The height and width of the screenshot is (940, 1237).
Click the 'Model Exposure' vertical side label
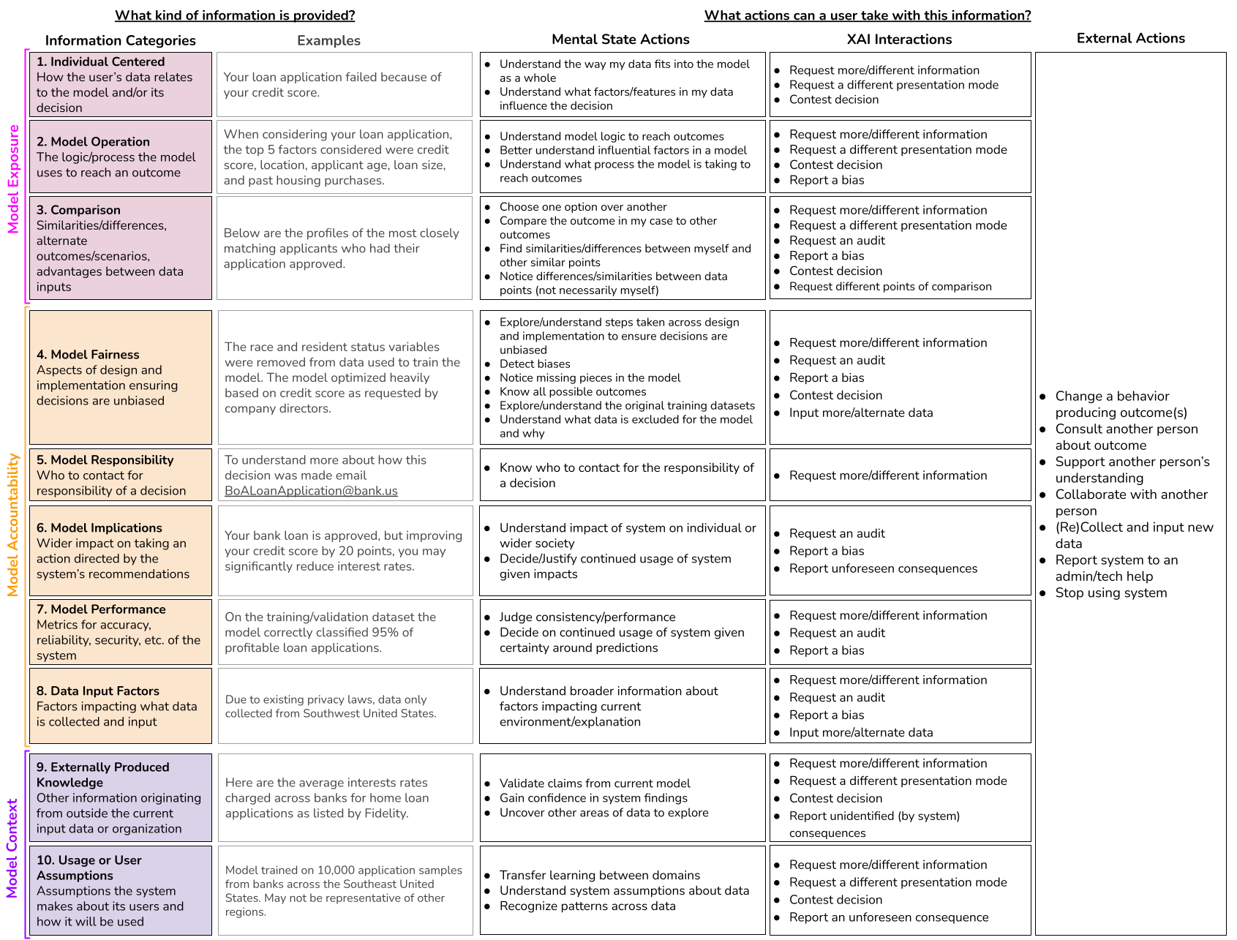click(x=13, y=179)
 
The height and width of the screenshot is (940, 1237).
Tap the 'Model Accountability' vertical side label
click(x=13, y=524)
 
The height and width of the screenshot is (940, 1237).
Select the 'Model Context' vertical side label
click(x=12, y=848)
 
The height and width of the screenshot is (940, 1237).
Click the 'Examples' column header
click(x=328, y=41)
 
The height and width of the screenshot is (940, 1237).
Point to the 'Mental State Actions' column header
click(x=620, y=40)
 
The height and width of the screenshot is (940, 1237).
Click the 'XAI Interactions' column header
click(x=899, y=40)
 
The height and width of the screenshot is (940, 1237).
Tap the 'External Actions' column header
click(x=1130, y=39)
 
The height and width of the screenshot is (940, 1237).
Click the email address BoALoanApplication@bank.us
click(x=311, y=491)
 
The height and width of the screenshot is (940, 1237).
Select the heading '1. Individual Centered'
click(x=100, y=62)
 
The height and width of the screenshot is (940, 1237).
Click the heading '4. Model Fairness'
click(x=88, y=355)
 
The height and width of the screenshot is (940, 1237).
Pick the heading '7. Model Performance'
click(x=101, y=609)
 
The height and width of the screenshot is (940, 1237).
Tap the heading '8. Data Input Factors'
click(x=98, y=691)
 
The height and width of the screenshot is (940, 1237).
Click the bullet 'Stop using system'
click(x=1110, y=593)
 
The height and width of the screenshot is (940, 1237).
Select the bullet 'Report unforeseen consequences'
click(x=883, y=569)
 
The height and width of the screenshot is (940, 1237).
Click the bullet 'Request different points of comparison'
click(x=890, y=287)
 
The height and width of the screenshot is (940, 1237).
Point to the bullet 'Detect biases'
click(x=535, y=364)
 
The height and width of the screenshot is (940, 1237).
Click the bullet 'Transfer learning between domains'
click(x=599, y=876)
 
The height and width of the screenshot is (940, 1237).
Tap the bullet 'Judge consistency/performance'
click(x=587, y=617)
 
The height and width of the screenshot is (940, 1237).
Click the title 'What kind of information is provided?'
click(x=235, y=15)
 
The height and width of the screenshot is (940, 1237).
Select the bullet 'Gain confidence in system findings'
click(x=593, y=798)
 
